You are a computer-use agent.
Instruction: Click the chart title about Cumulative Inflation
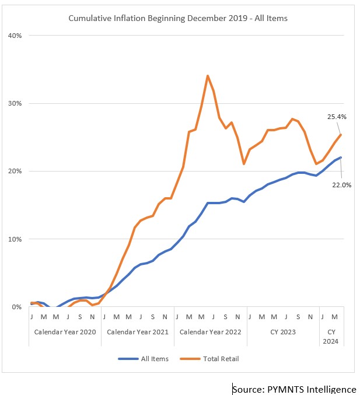tap(178, 19)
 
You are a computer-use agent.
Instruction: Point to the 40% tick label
tap(15, 36)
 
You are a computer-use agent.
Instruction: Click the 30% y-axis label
tap(15, 103)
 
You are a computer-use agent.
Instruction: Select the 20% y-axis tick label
tap(15, 171)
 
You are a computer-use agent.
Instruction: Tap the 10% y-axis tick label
tap(15, 239)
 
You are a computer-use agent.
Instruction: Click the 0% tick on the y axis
tap(16, 307)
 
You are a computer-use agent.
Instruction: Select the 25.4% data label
tap(336, 117)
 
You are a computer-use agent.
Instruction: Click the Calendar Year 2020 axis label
tap(65, 332)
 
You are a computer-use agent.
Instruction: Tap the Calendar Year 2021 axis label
tap(138, 332)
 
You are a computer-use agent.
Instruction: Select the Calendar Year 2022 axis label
tap(211, 332)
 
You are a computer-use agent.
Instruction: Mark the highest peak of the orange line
tap(207, 76)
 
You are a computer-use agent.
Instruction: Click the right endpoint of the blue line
tap(341, 158)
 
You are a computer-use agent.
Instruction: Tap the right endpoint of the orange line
tap(341, 135)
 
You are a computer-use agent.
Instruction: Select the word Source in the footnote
tap(247, 389)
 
